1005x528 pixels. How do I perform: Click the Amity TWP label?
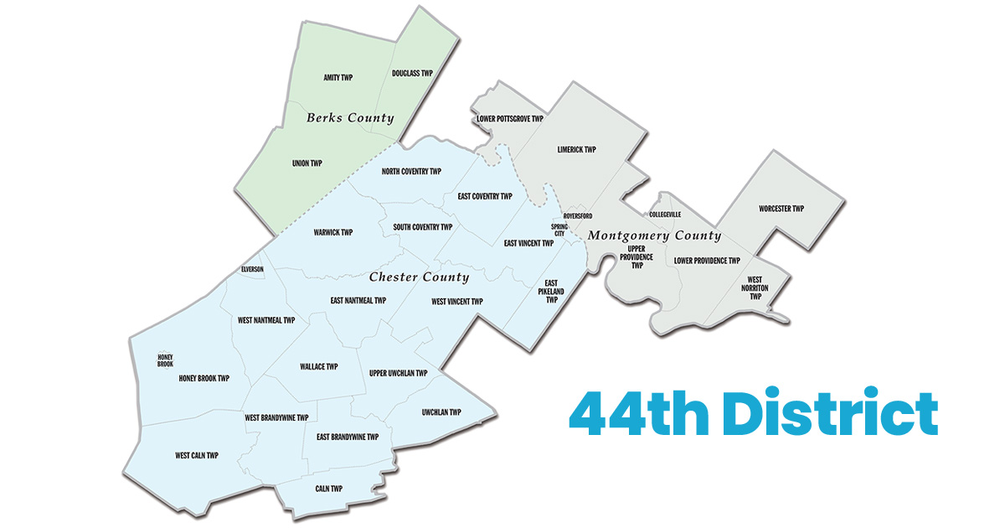[x=338, y=78]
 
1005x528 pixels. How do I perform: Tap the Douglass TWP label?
[x=412, y=74]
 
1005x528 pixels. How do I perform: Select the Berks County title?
[x=350, y=118]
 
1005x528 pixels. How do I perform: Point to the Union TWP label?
[x=307, y=163]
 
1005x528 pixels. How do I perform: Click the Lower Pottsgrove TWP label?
[x=510, y=119]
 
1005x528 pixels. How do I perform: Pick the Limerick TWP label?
[x=576, y=150]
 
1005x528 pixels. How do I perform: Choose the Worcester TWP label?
[x=781, y=209]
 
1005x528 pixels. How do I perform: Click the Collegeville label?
[x=665, y=215]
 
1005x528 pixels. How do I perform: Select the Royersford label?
[x=577, y=216]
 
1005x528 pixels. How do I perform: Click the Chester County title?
[x=419, y=277]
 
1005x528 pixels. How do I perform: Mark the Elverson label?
[x=252, y=269]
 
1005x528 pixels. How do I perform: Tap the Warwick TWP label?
[x=333, y=232]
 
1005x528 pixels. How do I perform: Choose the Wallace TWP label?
[x=318, y=366]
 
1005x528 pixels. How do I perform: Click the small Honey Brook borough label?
[x=165, y=360]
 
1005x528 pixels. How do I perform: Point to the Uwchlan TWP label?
[x=441, y=412]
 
